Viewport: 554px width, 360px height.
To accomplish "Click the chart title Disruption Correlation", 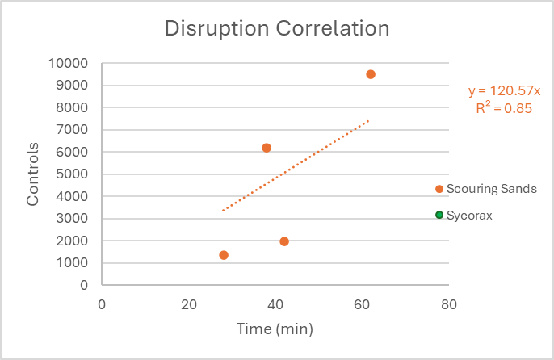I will click(277, 29).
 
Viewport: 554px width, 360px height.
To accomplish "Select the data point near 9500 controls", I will click(371, 74).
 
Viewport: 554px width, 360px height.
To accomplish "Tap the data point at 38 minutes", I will click(267, 148).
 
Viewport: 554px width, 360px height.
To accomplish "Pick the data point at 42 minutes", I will click(284, 241).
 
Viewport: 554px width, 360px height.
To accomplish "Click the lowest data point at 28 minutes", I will click(224, 255).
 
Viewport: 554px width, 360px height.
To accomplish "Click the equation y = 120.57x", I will click(505, 92).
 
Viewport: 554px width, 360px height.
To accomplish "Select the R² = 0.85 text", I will click(505, 109).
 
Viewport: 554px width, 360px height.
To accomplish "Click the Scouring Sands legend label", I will click(491, 189).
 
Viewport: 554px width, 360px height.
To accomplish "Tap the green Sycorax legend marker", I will click(439, 215).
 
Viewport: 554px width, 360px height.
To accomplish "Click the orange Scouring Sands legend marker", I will click(439, 189).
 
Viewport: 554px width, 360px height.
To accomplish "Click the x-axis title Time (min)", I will click(275, 329).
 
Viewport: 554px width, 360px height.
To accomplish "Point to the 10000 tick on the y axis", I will click(69, 63).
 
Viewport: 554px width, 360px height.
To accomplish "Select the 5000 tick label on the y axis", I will click(72, 174).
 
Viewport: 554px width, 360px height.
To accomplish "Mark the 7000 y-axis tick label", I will click(72, 130).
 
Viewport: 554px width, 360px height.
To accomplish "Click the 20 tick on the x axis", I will click(189, 304).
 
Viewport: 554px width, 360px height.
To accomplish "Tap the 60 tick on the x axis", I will click(363, 304).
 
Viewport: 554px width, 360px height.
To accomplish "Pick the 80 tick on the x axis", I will click(449, 304).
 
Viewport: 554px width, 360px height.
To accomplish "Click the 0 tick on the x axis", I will click(102, 304).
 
